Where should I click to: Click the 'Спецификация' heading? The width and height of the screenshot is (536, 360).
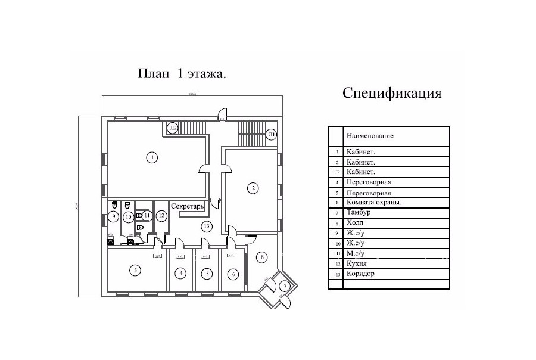coord(392,93)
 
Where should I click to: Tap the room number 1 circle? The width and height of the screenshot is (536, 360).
coord(152,157)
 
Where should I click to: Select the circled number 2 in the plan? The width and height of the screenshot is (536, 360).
coord(253,188)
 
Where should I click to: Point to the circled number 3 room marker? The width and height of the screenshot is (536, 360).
coord(136,271)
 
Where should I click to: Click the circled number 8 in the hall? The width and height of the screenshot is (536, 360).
coord(261,257)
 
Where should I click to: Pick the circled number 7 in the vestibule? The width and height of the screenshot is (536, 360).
coord(285,286)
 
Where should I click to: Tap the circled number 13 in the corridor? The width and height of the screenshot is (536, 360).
coord(206,226)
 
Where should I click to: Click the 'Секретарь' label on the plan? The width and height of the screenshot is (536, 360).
coord(188,206)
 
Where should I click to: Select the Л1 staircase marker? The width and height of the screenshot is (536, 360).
coord(271,134)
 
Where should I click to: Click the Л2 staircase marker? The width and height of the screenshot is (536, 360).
coord(173,128)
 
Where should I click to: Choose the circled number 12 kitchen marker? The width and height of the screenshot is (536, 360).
coord(161,215)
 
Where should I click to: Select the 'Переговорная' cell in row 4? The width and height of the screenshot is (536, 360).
coord(369,182)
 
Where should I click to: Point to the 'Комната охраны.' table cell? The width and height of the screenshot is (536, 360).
coord(373,202)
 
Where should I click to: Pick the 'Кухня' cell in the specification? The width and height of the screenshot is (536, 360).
coord(357,263)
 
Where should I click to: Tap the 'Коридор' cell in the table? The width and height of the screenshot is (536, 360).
coord(360,274)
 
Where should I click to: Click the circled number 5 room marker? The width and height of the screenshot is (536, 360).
coord(206,274)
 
